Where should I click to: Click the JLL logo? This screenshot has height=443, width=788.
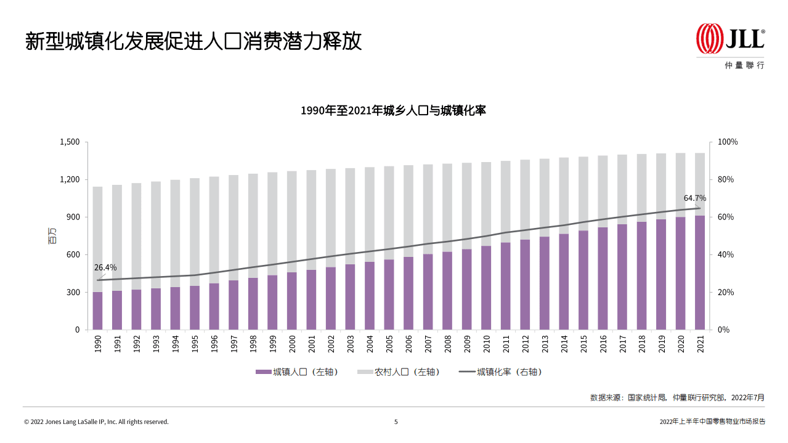pyautogui.click(x=730, y=39)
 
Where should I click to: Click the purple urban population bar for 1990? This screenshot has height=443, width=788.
pyautogui.click(x=97, y=311)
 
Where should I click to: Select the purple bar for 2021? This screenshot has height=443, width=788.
pyautogui.click(x=700, y=272)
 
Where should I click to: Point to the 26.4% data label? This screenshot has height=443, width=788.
pyautogui.click(x=105, y=267)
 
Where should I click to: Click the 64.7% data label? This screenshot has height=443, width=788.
pyautogui.click(x=695, y=198)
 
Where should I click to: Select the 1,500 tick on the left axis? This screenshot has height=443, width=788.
pyautogui.click(x=70, y=142)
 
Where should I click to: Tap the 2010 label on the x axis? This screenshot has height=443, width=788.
pyautogui.click(x=486, y=344)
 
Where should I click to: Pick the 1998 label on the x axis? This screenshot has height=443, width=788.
pyautogui.click(x=253, y=344)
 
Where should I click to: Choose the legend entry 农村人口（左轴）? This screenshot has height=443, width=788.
pyautogui.click(x=399, y=372)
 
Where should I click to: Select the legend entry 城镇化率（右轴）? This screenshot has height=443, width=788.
pyautogui.click(x=502, y=372)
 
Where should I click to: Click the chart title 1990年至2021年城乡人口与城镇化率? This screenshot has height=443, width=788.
pyautogui.click(x=394, y=111)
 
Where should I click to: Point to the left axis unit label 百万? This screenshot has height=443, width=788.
pyautogui.click(x=52, y=235)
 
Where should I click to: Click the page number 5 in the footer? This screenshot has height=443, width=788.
pyautogui.click(x=396, y=422)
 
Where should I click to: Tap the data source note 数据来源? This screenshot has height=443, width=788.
pyautogui.click(x=677, y=397)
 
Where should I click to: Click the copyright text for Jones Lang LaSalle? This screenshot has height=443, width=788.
pyautogui.click(x=96, y=422)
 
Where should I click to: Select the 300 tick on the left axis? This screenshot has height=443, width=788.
pyautogui.click(x=73, y=292)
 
